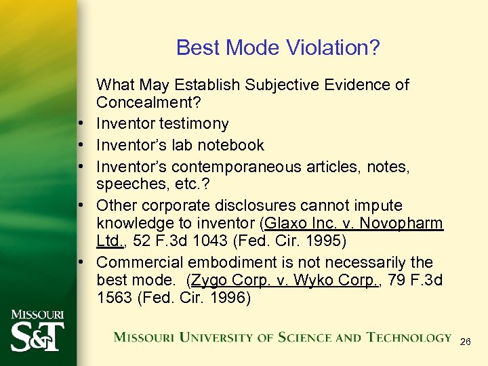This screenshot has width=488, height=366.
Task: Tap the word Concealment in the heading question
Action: [x=140, y=103]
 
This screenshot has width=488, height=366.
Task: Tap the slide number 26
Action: [x=465, y=342]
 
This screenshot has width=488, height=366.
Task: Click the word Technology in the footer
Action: [x=409, y=338]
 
